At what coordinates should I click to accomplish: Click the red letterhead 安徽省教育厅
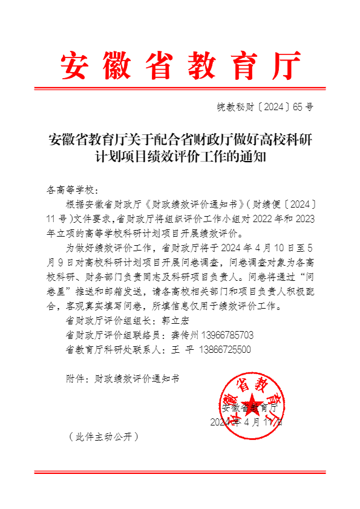pos(180,66)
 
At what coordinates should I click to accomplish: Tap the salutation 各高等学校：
pos(71,189)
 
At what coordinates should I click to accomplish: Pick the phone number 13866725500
pos(220,350)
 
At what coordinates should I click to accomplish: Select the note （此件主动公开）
pos(103,436)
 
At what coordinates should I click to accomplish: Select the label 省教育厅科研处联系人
pos(111,350)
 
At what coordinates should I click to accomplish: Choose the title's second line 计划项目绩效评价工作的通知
pos(180,159)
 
